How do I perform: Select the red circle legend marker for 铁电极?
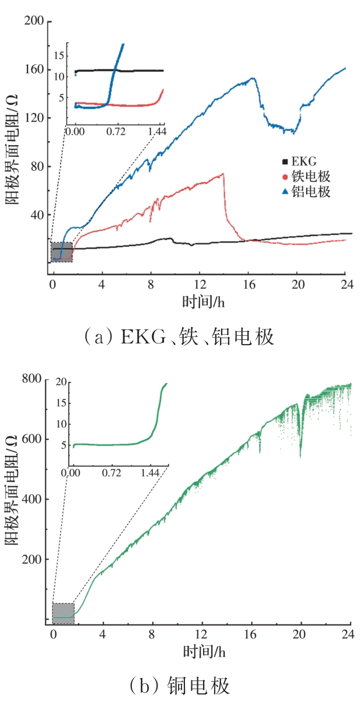tap(285, 177)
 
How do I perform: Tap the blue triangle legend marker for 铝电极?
tap(285, 192)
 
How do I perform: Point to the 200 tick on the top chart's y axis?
tap(34, 22)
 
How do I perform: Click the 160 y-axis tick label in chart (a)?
tap(34, 70)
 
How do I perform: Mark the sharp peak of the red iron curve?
tap(223, 174)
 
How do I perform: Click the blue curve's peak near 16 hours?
tap(253, 78)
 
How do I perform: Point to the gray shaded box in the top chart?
tap(61, 252)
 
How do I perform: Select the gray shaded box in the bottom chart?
tap(63, 613)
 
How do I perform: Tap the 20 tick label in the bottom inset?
tap(60, 382)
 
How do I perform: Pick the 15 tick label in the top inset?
tap(58, 55)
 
